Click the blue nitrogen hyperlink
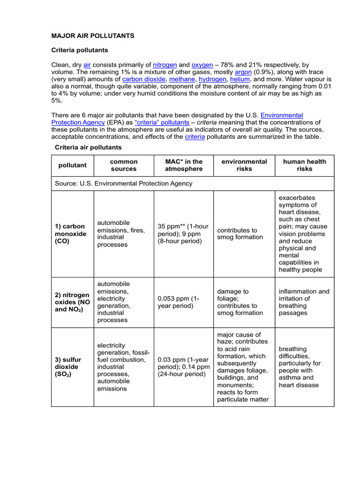(165, 65)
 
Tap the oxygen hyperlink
(202, 65)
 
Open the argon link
(243, 72)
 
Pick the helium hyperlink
(240, 79)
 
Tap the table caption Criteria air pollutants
(88, 147)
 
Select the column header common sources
(124, 165)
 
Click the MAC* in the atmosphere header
(184, 165)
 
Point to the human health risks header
(304, 165)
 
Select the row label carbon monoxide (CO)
(71, 233)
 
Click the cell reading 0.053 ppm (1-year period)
(179, 302)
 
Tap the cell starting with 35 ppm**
(183, 233)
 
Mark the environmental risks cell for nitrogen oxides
(240, 302)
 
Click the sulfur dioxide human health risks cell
(300, 367)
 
